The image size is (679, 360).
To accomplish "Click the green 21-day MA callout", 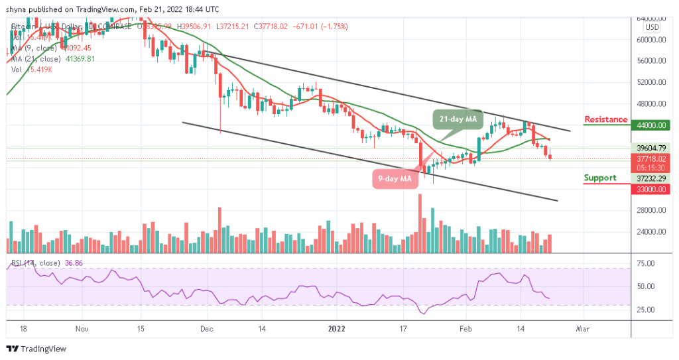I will pyautogui.click(x=456, y=120).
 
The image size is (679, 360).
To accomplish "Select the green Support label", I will pyautogui.click(x=599, y=178).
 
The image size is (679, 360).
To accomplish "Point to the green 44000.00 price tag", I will pyautogui.click(x=651, y=125).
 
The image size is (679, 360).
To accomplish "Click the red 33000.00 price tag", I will pyautogui.click(x=651, y=189).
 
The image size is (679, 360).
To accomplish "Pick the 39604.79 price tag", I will pyautogui.click(x=651, y=148).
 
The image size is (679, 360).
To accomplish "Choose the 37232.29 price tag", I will pyautogui.click(x=651, y=178).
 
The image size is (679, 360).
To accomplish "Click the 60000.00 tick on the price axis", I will pyautogui.click(x=651, y=39).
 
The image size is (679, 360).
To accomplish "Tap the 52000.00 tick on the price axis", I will pyautogui.click(x=651, y=82).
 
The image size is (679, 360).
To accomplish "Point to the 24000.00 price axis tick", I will pyautogui.click(x=651, y=232).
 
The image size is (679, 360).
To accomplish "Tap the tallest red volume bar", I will pyautogui.click(x=420, y=223).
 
